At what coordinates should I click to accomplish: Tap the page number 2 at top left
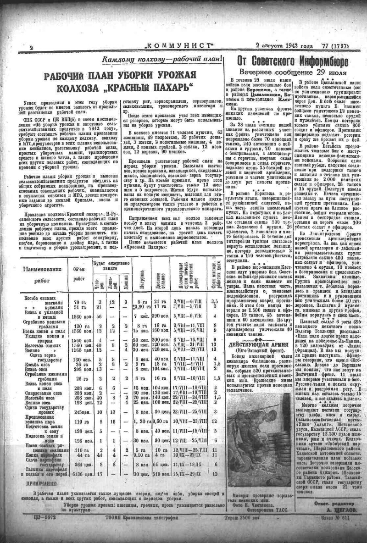coord(31,48)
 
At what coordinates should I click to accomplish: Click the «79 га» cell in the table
coord(79,301)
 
